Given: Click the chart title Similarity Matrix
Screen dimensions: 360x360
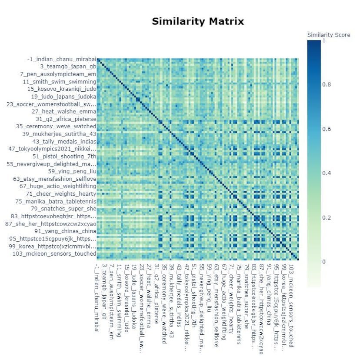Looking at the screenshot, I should (198, 21).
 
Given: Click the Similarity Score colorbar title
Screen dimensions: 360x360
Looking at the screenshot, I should (329, 35).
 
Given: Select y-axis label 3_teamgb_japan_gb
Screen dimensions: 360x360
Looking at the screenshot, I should (68, 67).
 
